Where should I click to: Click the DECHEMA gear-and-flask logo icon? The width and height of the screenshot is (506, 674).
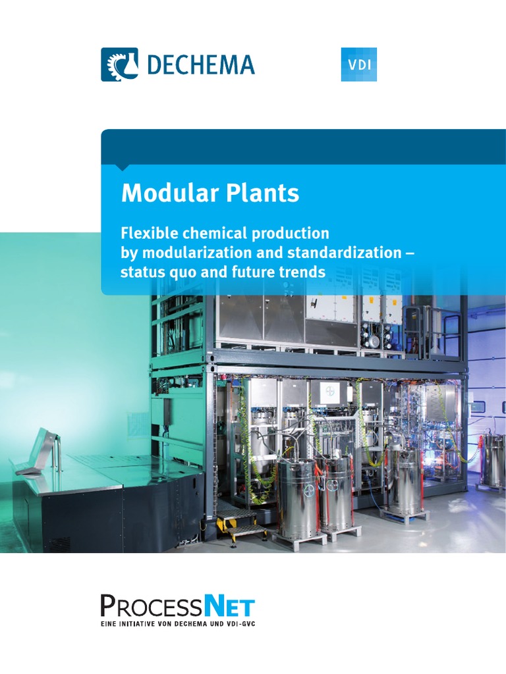coord(119,65)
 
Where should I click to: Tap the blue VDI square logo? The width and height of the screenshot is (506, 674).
coord(358,65)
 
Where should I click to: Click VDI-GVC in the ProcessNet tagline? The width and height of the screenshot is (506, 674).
coord(235,623)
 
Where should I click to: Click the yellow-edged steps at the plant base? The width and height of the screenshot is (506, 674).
coord(242,523)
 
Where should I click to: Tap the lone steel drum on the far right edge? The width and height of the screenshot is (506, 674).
coord(493,461)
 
